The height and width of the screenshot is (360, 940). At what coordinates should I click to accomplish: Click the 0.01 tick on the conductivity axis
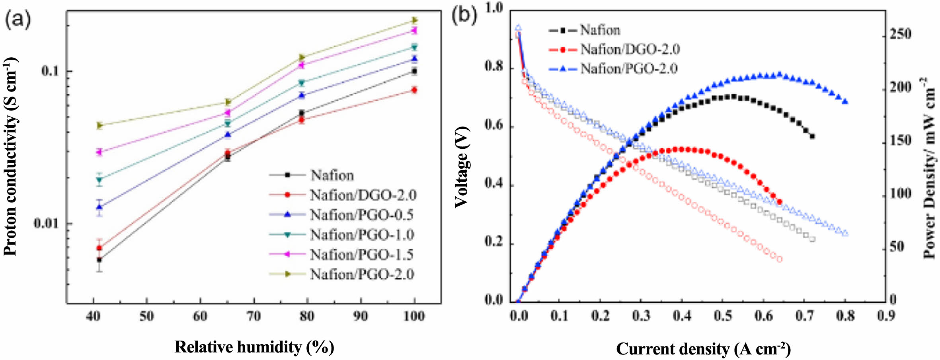pos(47,223)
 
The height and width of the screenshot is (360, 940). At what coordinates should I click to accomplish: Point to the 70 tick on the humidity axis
pos(254,316)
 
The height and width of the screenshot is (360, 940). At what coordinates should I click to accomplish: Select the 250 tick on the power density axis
pos(901,34)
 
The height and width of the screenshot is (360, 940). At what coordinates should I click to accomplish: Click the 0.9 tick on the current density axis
pos(886,316)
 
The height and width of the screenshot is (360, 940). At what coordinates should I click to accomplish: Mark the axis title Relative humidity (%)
pos(254,347)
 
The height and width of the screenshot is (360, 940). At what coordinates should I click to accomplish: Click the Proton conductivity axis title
pos(11,157)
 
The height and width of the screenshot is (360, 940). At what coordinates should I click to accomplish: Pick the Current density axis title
pos(703,349)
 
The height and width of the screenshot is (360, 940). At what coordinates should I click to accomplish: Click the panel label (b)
pos(464,16)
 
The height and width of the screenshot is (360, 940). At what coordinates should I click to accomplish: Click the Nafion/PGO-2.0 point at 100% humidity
pos(414,20)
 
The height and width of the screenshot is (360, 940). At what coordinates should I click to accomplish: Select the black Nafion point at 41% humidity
pos(99,260)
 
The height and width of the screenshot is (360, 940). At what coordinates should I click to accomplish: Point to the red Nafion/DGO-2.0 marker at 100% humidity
pos(414,90)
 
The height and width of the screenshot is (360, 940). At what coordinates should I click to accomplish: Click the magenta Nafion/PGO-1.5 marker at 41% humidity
pos(99,152)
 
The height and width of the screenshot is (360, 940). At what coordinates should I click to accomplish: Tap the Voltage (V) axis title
pos(462,167)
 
